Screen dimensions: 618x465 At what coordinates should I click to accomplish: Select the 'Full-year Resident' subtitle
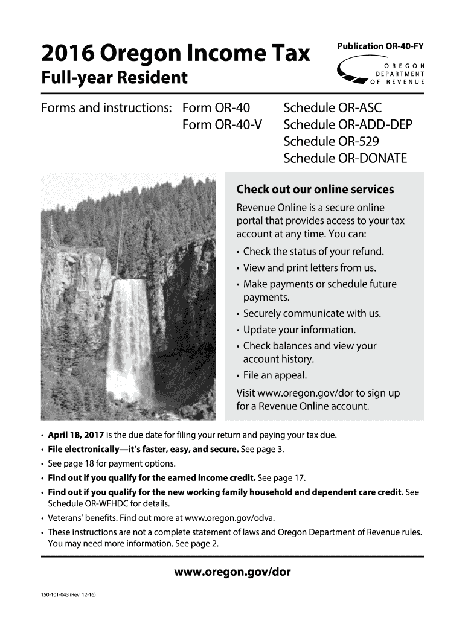point(114,78)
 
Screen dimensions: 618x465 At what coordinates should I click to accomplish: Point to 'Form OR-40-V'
point(220,125)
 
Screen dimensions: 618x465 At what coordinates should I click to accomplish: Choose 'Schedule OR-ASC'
point(334,109)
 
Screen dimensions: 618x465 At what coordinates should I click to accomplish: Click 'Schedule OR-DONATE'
point(345,159)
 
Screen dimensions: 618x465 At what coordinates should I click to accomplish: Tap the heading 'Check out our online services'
point(315,190)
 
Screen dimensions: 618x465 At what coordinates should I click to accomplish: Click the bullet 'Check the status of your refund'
point(313,252)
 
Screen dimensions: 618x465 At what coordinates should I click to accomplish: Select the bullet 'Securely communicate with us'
point(312,314)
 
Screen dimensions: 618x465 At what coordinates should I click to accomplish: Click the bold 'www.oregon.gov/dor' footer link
point(232,572)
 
